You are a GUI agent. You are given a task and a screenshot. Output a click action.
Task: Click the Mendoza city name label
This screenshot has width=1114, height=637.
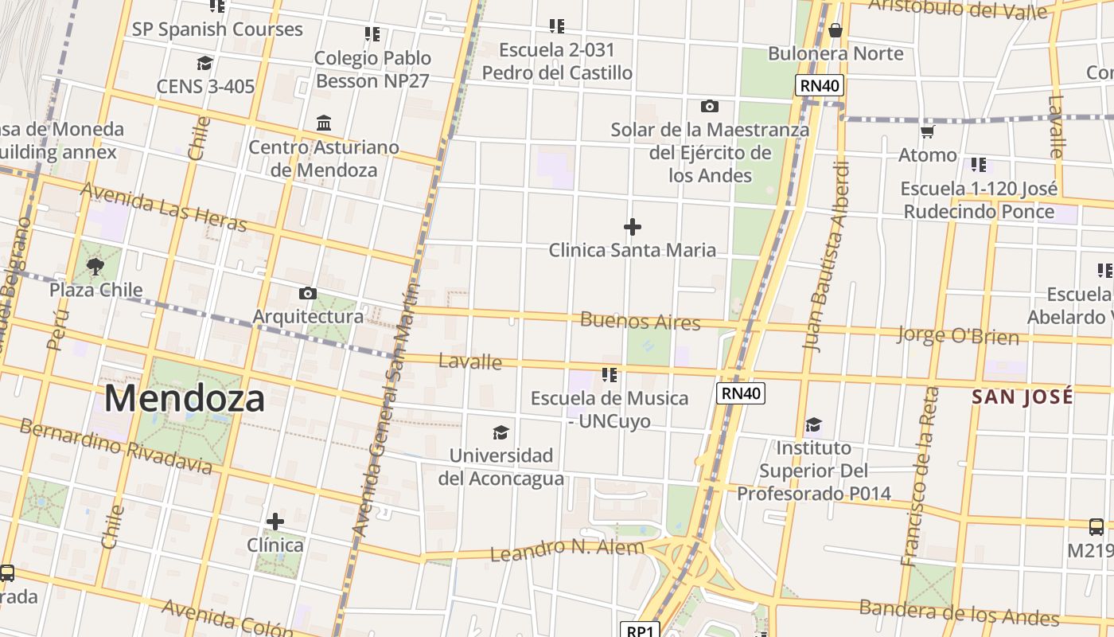coord(184,398)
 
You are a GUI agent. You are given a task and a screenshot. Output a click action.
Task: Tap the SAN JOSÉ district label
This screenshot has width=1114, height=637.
coord(1022,397)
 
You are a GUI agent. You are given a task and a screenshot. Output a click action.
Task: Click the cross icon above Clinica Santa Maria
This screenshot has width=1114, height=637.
coord(633,228)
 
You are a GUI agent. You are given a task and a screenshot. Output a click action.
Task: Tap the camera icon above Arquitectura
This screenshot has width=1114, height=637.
coord(308,294)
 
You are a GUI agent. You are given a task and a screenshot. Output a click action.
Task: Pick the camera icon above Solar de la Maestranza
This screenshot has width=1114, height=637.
coord(709,106)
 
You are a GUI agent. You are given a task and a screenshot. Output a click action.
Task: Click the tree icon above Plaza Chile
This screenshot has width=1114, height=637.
coord(95,267)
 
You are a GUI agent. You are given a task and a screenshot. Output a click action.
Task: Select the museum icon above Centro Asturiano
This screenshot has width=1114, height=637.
coord(324,123)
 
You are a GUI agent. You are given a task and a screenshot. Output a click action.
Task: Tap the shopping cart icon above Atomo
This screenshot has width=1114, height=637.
coord(927,131)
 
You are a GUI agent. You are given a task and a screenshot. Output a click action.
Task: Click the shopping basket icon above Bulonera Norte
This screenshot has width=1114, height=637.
coord(835,31)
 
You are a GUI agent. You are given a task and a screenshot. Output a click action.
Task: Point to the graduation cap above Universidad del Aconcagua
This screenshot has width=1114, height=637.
coord(501,432)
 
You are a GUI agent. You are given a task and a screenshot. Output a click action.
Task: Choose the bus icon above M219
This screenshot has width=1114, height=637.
coord(1096,526)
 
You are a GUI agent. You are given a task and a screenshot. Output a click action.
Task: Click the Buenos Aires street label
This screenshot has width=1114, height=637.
coord(640,322)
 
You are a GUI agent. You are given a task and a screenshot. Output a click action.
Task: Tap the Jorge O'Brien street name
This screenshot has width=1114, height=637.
coord(957,335)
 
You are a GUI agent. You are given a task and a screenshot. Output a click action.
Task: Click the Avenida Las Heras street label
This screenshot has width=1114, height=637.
coord(164,207)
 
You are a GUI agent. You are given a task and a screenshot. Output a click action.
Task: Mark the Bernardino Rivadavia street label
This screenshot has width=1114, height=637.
coord(115,445)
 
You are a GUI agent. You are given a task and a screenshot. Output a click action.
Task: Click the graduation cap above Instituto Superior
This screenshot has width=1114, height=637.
coord(813,424)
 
